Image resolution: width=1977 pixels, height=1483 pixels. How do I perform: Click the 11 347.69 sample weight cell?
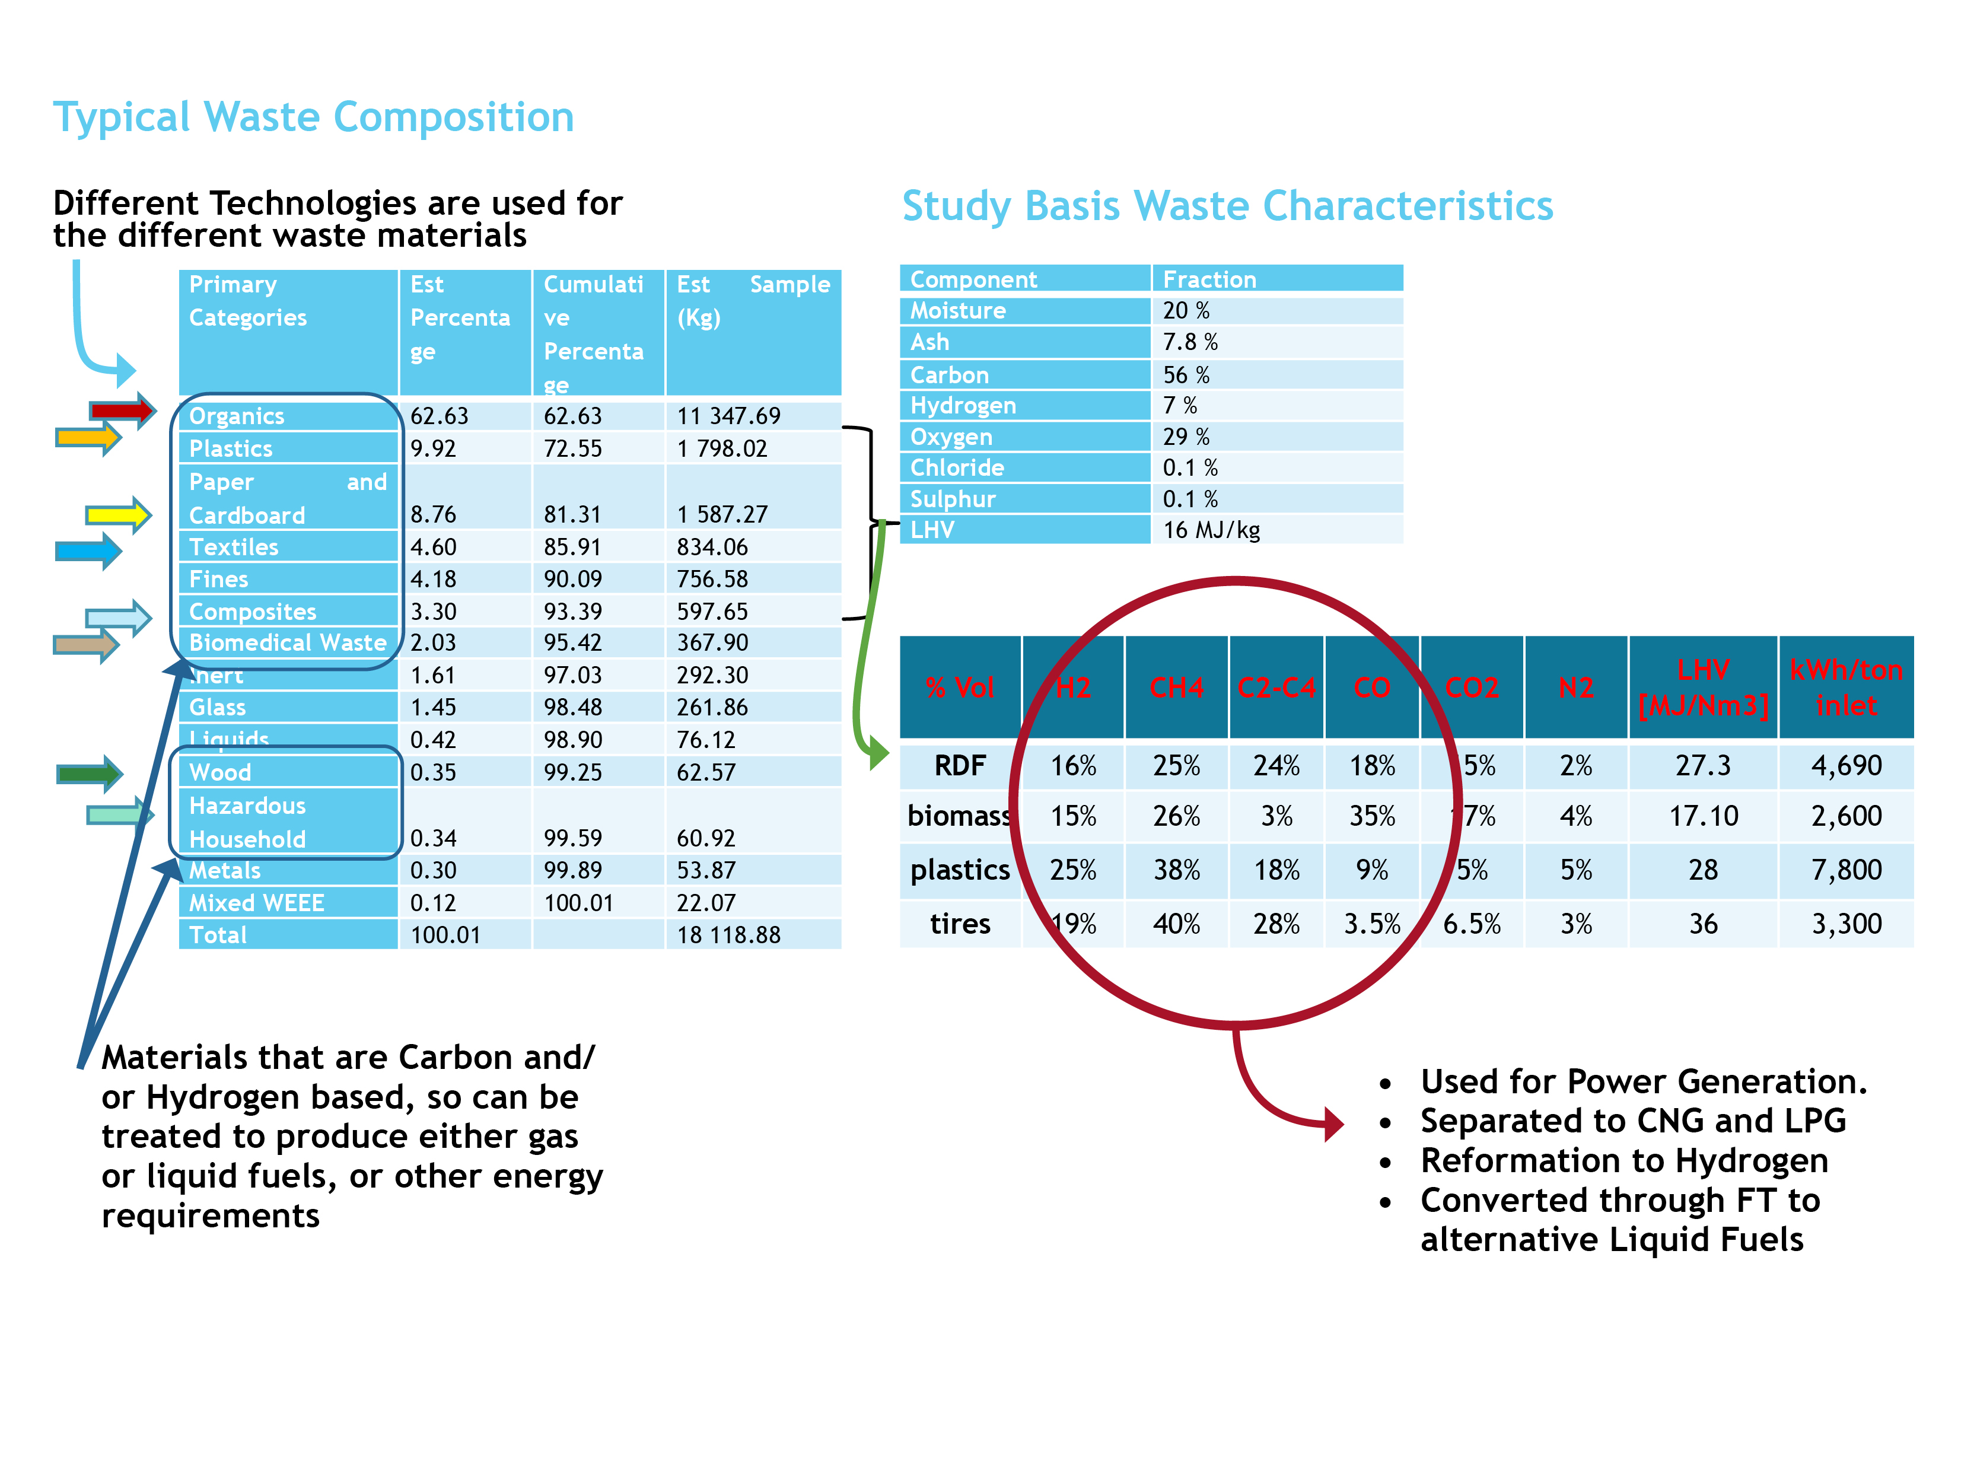coord(728,416)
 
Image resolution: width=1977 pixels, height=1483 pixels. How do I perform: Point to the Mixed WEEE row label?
coord(256,903)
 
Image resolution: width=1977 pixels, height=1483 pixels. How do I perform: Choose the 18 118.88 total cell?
coord(728,935)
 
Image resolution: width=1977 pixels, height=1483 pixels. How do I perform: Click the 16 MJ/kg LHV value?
coord(1211,530)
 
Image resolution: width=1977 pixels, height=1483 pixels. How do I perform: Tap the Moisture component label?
coord(957,310)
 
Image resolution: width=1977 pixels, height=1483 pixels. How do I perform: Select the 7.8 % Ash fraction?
coord(1190,342)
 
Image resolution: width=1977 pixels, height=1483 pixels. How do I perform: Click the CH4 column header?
coord(1176,688)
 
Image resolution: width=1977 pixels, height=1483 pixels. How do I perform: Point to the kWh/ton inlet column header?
coord(1846,688)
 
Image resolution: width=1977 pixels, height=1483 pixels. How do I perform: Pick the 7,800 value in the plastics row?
coord(1846,870)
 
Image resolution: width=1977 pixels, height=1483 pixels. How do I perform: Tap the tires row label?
coord(960,924)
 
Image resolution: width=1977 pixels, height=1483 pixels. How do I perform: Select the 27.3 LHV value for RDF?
coord(1702,765)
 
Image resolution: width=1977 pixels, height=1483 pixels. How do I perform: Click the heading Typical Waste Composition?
coord(313,117)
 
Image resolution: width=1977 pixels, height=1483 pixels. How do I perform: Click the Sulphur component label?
coord(953,499)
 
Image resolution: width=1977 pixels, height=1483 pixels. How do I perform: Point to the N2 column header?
coord(1575,688)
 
